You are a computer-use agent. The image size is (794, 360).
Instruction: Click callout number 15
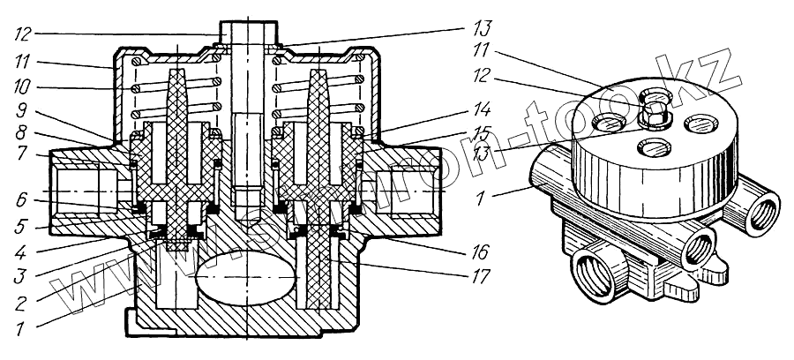[476, 136]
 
